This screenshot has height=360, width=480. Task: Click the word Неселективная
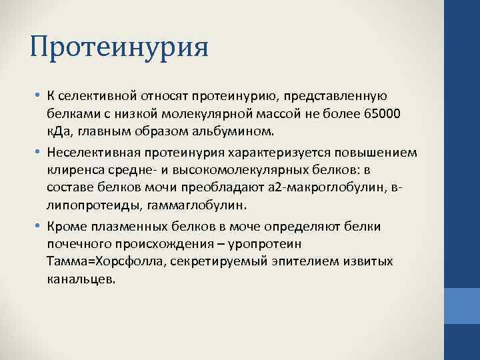[90, 153]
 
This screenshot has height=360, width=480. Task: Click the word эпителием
[284, 260]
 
